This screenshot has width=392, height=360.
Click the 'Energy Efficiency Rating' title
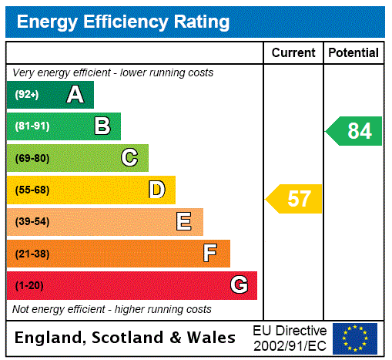[123, 22]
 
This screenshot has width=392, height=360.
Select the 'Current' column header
[293, 53]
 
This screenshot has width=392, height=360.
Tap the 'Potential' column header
[353, 53]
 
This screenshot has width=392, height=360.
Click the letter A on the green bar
[75, 95]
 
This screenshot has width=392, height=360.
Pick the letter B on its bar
[102, 126]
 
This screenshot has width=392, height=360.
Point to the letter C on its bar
[129, 158]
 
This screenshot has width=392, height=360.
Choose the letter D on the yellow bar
[157, 190]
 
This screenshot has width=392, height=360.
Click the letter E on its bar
[184, 222]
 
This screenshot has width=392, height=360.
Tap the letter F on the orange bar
[210, 254]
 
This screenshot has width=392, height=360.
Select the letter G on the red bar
[239, 285]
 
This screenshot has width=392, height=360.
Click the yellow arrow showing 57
[295, 199]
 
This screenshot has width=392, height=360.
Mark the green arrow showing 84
[355, 131]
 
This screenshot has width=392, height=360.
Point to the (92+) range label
[27, 95]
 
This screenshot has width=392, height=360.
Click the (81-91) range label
[32, 126]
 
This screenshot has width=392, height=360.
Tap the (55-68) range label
[32, 190]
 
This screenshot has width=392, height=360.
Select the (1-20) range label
[29, 286]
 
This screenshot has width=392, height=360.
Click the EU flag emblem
[354, 338]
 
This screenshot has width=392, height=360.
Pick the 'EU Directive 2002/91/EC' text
[290, 338]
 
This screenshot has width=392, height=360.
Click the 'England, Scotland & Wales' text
[126, 338]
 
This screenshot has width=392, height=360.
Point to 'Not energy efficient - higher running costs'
[112, 309]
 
